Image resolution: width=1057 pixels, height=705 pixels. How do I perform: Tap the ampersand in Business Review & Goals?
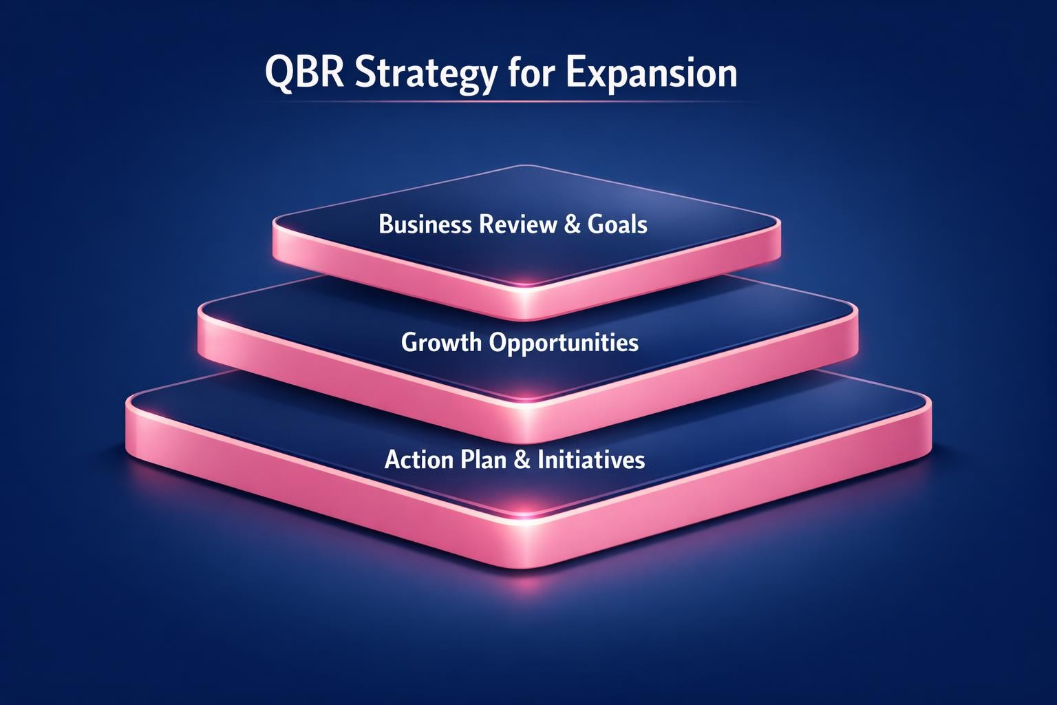pos(571,225)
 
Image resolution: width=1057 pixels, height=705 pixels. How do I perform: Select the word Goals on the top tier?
pos(618,224)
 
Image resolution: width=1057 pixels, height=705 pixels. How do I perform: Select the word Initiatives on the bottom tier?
pos(592,459)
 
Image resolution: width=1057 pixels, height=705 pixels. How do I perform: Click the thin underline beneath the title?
pos(501,102)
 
